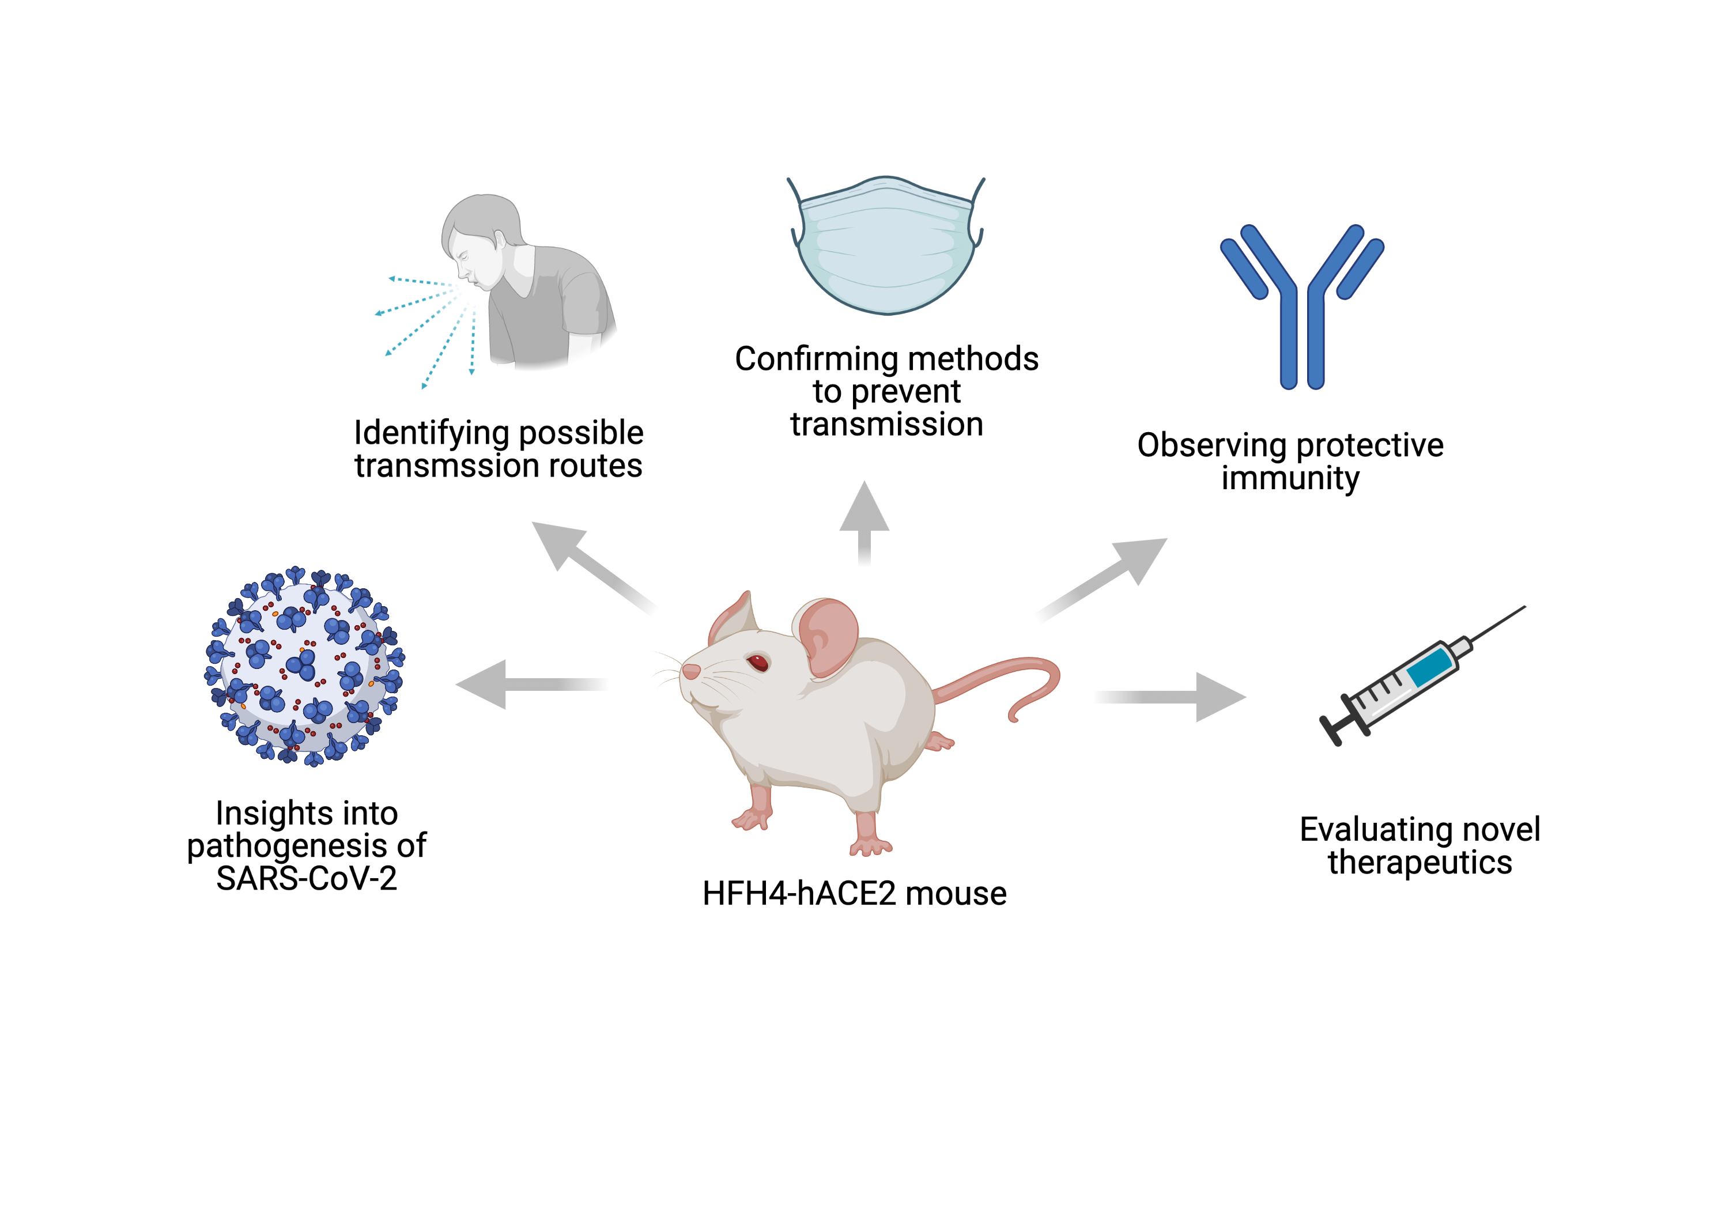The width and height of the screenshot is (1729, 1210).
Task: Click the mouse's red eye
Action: click(757, 663)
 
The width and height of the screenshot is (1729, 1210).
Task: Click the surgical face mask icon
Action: click(886, 248)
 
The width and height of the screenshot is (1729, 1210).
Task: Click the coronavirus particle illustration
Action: click(305, 667)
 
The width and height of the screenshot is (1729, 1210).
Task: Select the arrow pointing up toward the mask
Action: click(864, 520)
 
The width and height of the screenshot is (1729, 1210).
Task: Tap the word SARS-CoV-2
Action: click(307, 879)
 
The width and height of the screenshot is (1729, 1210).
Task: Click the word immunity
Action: click(1290, 478)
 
